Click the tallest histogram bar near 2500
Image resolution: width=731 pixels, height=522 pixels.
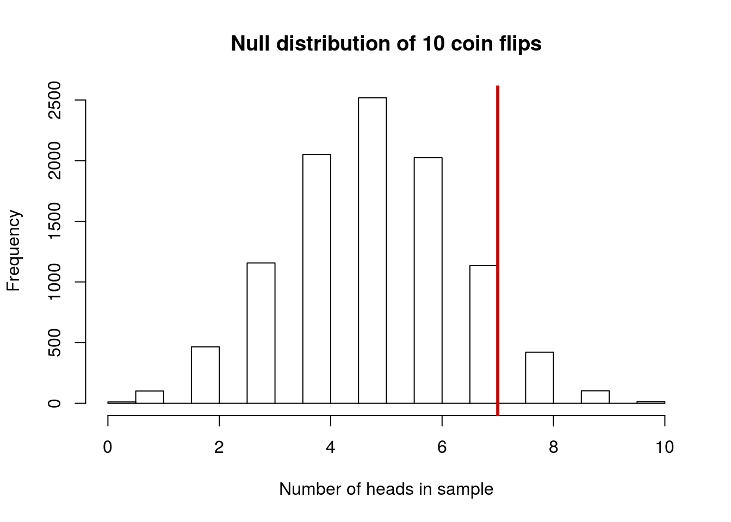[x=372, y=250]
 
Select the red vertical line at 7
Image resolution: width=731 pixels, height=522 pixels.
[x=498, y=217]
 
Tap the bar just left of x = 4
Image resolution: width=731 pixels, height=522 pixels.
[x=317, y=278]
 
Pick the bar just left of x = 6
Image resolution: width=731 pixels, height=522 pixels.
[x=428, y=280]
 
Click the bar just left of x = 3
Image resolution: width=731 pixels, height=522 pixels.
[x=261, y=333]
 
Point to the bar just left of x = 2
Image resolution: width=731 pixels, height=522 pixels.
[x=205, y=375]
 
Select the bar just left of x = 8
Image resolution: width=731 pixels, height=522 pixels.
[x=540, y=378]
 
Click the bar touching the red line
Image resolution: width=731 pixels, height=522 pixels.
[x=483, y=334]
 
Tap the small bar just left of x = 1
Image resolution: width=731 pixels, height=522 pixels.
[x=150, y=397]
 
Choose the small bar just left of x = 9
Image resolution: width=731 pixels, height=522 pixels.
[x=595, y=397]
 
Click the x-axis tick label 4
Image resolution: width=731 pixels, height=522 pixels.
[x=330, y=448]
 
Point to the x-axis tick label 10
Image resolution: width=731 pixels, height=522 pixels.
[x=664, y=448]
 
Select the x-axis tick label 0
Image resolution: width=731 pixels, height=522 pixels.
[x=108, y=448]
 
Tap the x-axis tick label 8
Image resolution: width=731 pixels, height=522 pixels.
[x=553, y=448]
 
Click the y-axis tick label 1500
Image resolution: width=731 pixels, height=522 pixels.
[x=54, y=222]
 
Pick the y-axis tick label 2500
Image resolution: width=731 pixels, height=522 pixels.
[x=54, y=101]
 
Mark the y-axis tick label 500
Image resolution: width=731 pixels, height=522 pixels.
[x=54, y=343]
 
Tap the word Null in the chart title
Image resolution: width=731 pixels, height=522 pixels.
[x=250, y=43]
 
